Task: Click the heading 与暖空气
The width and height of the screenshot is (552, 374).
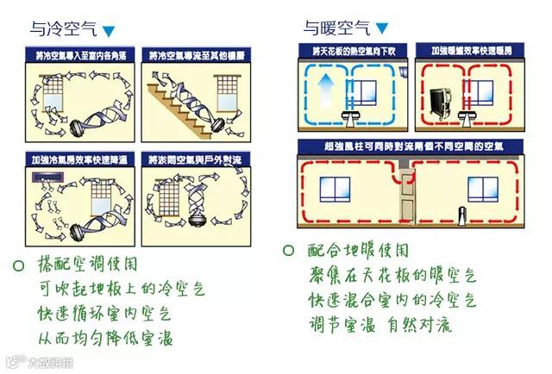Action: [x=334, y=28]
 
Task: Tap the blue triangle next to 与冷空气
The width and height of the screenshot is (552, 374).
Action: [x=109, y=32]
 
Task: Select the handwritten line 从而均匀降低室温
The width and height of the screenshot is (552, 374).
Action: [x=103, y=337]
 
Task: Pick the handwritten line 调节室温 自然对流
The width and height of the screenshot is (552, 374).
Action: [x=380, y=325]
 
